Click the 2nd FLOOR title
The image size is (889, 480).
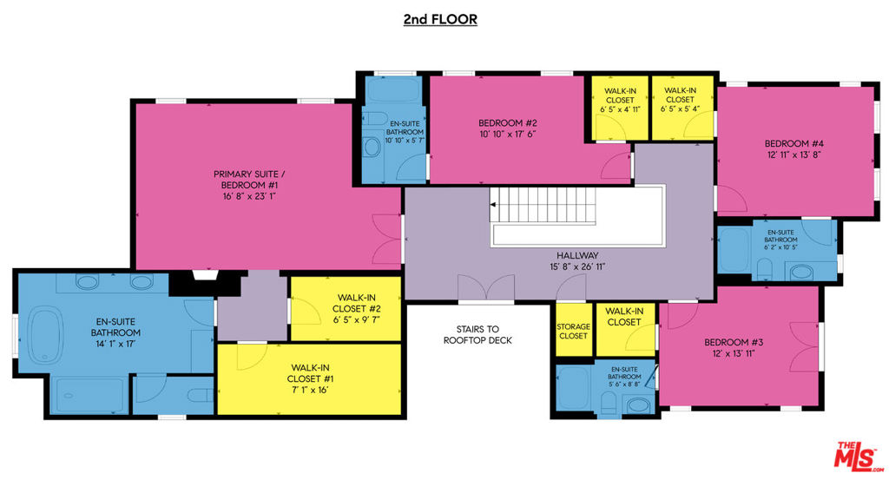click(x=440, y=19)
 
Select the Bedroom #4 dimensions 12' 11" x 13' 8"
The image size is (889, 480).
click(x=794, y=155)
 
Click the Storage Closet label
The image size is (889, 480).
click(x=573, y=331)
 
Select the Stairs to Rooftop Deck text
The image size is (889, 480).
click(x=478, y=334)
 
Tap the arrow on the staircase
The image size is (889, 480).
click(x=494, y=205)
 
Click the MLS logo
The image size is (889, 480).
click(x=858, y=457)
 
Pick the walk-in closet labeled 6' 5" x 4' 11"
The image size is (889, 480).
click(x=620, y=108)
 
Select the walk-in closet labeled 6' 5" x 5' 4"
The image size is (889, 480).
click(x=681, y=108)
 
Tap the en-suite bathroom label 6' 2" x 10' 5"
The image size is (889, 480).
click(x=780, y=240)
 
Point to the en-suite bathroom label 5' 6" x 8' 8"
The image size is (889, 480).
click(x=624, y=377)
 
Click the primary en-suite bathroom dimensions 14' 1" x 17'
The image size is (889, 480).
click(x=115, y=344)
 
